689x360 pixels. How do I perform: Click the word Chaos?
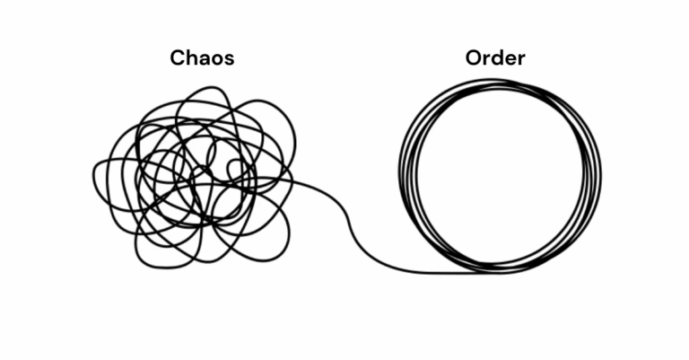coord(203,59)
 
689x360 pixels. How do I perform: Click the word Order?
coord(495,59)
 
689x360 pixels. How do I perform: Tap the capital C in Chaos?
coord(178,59)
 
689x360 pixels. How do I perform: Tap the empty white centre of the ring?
coord(500,175)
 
